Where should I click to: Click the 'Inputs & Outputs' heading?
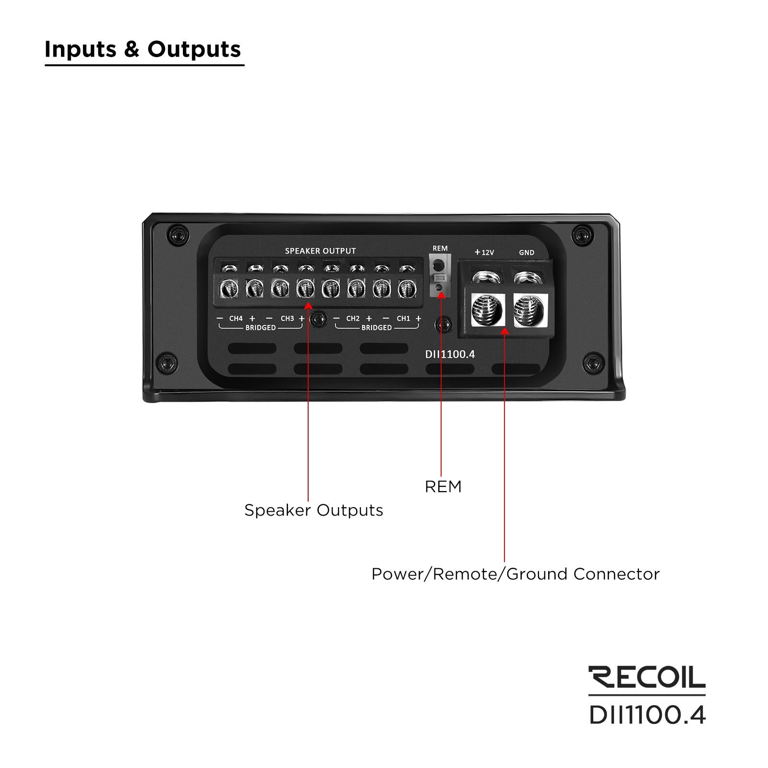143,49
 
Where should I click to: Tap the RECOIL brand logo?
647,677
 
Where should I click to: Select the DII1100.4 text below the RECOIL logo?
648,715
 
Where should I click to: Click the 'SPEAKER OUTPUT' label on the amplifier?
320,251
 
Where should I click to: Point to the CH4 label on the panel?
236,318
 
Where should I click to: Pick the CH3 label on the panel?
287,318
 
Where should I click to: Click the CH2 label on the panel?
353,318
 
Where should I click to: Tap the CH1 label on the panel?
403,318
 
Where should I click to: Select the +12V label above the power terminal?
484,252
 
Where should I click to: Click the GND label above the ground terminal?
527,252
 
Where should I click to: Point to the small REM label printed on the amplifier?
440,248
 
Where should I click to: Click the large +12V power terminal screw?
488,310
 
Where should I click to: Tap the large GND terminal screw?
530,310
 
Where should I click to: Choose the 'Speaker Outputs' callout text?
313,510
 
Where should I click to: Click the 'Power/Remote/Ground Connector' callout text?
516,574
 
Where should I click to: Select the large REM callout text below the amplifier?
443,486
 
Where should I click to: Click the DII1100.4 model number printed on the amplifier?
450,354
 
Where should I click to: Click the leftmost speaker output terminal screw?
229,288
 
